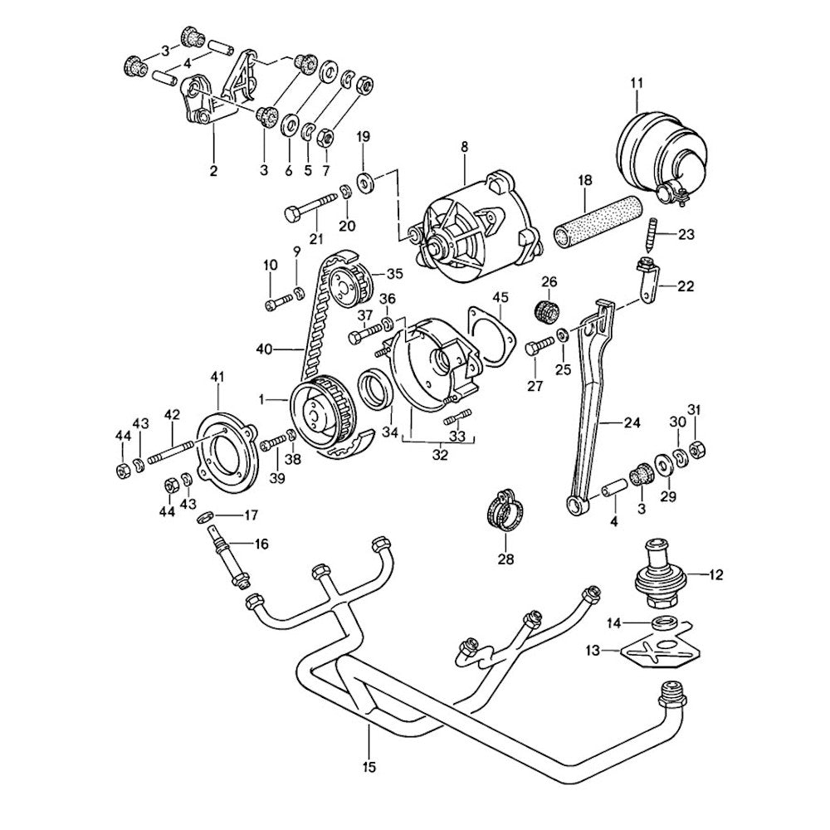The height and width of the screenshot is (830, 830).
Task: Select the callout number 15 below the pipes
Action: (369, 768)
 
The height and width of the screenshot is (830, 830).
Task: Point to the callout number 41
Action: (217, 377)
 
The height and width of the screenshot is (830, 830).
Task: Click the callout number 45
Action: (500, 298)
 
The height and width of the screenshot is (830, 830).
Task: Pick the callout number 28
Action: (505, 559)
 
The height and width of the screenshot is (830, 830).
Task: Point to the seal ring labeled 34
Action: (373, 391)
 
